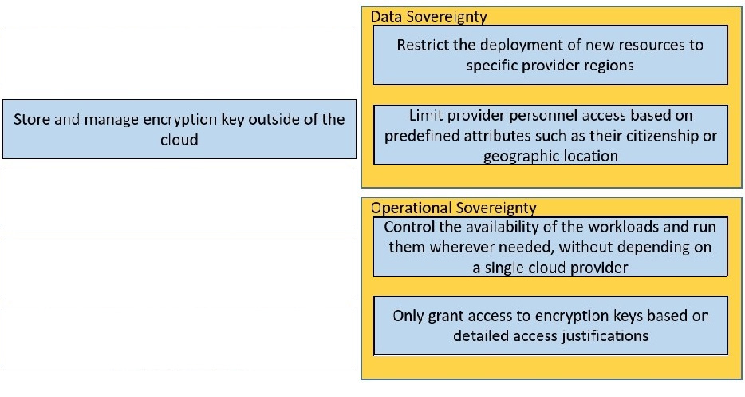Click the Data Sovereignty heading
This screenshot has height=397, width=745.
coord(429,17)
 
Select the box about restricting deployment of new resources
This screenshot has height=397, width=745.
coord(550,55)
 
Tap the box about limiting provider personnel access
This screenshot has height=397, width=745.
coord(550,136)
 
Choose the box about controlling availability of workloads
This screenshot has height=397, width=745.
coord(550,248)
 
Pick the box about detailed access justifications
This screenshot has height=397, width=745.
coord(550,325)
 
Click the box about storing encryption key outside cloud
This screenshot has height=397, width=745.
coord(179,129)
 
